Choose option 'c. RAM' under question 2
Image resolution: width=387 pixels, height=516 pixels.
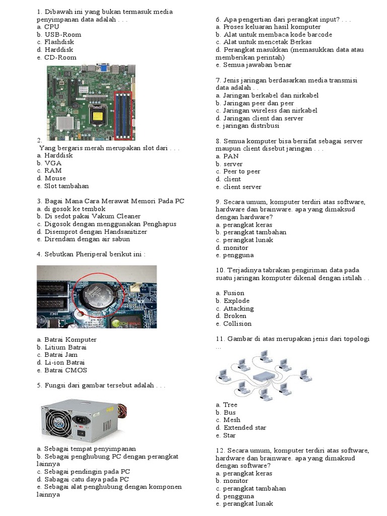coord(49,170)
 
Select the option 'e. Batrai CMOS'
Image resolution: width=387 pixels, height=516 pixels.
coord(61,370)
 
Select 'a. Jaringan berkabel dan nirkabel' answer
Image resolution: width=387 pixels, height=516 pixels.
coord(267,95)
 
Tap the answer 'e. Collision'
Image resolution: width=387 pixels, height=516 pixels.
coord(233,324)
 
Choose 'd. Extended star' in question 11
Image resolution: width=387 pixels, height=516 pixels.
coord(241,427)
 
